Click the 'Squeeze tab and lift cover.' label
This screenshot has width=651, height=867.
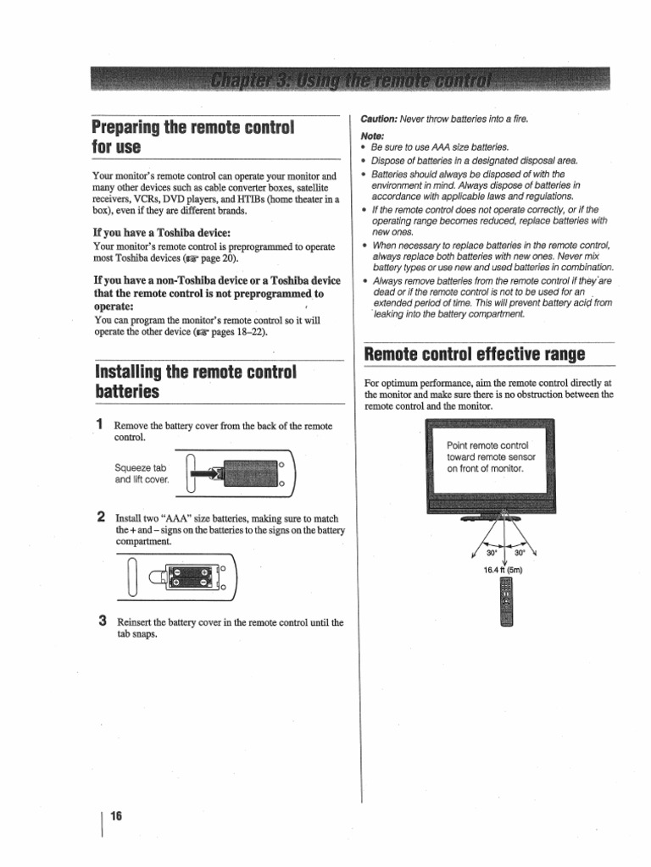[x=142, y=473]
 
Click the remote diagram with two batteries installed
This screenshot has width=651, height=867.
[x=184, y=577]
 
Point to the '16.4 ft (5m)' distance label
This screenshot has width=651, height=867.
[x=504, y=569]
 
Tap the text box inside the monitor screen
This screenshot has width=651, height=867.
[x=487, y=456]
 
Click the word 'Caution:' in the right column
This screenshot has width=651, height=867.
[x=380, y=119]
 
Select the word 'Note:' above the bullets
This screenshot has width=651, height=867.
[x=372, y=135]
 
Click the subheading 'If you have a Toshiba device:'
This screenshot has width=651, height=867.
[x=161, y=232]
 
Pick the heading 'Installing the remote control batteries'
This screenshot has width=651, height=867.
[x=195, y=382]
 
